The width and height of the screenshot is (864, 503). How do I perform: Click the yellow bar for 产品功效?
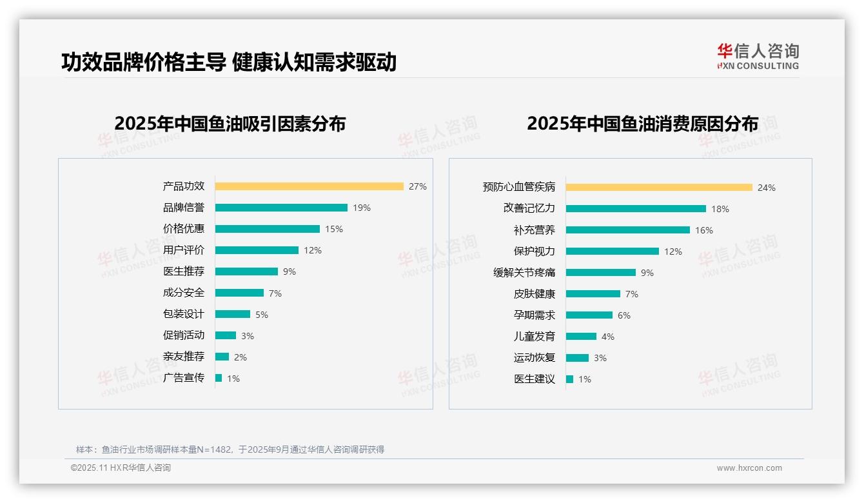[309, 186]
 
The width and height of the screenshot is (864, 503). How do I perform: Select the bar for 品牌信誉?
[281, 208]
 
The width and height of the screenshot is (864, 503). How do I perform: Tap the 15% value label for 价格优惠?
[334, 229]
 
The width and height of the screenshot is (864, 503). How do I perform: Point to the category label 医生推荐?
[184, 271]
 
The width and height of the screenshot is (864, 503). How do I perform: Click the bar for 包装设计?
[232, 314]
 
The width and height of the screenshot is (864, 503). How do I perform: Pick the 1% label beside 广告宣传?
[233, 379]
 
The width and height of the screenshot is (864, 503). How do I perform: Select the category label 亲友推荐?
[184, 357]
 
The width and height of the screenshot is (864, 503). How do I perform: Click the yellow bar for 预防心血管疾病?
[659, 188]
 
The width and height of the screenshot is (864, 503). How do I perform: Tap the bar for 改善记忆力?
[636, 209]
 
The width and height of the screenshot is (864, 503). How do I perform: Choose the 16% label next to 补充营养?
[704, 230]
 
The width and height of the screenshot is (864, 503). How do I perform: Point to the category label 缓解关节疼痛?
[524, 273]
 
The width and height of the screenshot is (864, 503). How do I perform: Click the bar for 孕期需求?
[589, 315]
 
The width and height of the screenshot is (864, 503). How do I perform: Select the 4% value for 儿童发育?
[607, 337]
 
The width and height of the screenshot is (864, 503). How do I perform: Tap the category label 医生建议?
[535, 379]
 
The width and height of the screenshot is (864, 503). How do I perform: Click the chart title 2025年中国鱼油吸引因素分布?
[230, 123]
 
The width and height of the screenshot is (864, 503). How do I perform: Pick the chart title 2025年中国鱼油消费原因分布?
[642, 123]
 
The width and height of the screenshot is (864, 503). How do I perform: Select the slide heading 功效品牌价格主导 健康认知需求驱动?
[229, 63]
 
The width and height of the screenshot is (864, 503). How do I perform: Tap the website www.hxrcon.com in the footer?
[749, 468]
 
